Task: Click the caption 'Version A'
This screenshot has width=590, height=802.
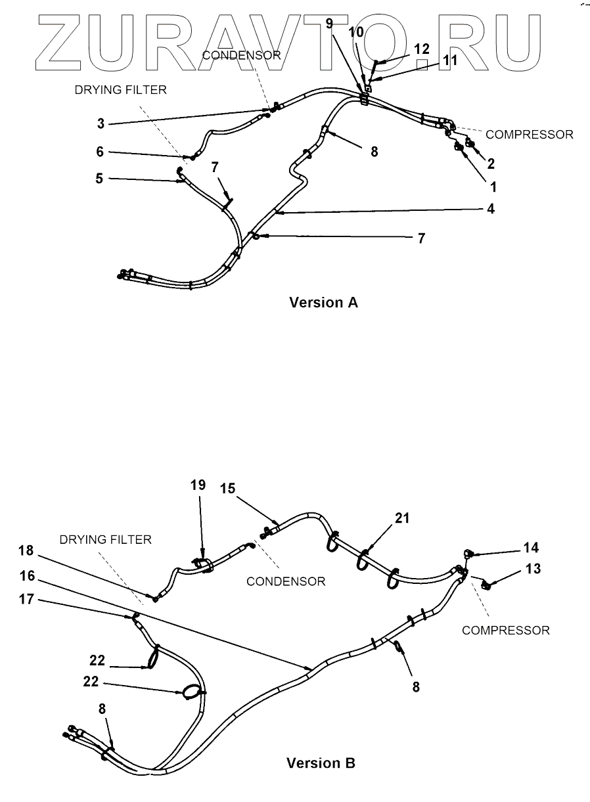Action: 323,303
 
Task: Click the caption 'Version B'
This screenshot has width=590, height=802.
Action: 321,763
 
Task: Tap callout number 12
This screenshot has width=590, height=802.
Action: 421,48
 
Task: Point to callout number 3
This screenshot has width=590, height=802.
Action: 101,123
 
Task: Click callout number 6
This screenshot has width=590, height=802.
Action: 100,151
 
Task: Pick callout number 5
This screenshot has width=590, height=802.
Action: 100,177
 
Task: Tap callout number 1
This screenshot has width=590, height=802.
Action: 493,187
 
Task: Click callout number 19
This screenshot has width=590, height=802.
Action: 198,485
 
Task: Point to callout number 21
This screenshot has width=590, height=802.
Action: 402,518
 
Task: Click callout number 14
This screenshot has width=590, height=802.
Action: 531,548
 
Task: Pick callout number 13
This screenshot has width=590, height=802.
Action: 533,569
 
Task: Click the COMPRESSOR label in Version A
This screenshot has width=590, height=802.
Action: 529,134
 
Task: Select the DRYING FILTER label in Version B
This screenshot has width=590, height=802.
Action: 105,539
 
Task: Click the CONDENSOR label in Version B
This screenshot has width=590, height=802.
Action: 286,581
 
